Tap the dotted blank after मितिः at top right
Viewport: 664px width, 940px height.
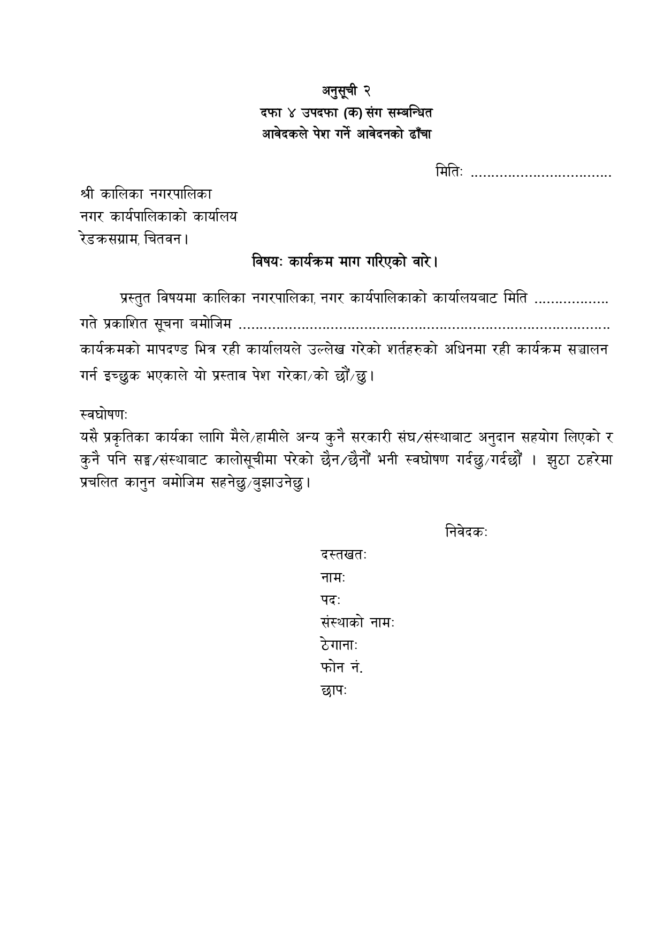tap(540, 174)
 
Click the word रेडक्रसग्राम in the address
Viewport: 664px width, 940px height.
tap(110, 239)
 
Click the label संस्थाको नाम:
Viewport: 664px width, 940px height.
tap(357, 623)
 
